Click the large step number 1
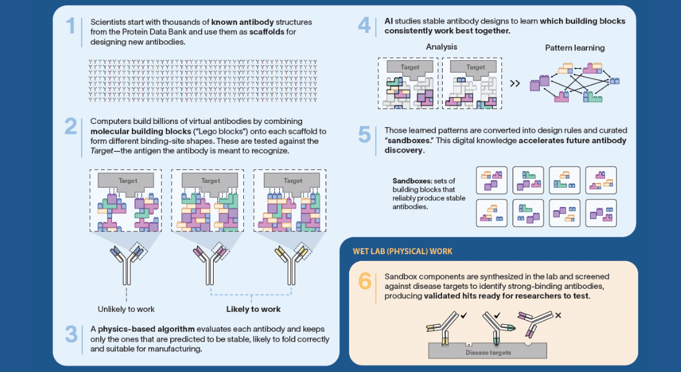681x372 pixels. coord(71,25)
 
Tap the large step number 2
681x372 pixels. coord(71,126)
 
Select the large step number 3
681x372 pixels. coord(71,334)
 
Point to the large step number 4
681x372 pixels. coord(364,25)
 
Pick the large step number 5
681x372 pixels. coord(364,135)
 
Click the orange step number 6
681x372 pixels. coord(365,281)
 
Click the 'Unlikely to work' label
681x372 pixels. coord(126,309)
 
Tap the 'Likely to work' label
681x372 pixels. coord(253,309)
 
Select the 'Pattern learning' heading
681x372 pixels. coord(575,48)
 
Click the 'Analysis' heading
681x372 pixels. coord(441,47)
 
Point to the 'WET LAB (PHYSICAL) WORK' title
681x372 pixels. coord(402,252)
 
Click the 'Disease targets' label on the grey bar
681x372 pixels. coord(488,352)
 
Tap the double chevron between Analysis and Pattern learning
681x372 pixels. coord(514,84)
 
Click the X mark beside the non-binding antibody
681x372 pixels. coord(558,316)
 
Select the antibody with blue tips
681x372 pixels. coord(127,265)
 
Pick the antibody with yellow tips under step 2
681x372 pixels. coord(292,265)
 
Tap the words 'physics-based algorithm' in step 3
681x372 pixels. coord(146,329)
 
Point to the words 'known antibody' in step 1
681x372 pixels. coord(242,22)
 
